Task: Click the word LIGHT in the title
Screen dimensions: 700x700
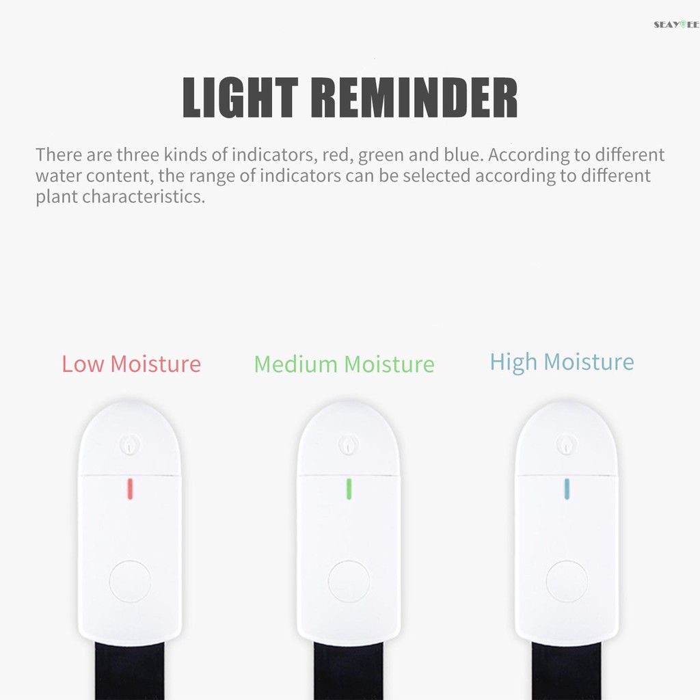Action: [x=240, y=97]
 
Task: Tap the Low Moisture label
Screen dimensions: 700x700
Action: [x=131, y=364]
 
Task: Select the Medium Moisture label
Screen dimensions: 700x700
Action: [x=345, y=364]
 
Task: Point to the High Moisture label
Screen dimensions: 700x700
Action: [x=562, y=362]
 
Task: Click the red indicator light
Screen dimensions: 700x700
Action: [x=130, y=489]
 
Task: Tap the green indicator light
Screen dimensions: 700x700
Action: [x=349, y=489]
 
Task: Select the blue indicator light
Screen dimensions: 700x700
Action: [x=567, y=489]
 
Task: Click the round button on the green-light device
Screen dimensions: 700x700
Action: [x=349, y=581]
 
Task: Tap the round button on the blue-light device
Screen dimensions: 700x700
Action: [x=567, y=581]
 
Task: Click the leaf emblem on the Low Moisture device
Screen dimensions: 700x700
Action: [x=130, y=444]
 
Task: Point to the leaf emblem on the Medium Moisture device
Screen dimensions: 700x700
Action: [x=349, y=444]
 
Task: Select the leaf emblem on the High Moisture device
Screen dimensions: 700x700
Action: [x=567, y=444]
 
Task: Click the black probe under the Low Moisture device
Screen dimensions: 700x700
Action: [x=130, y=671]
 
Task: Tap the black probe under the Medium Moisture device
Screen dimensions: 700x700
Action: [x=349, y=671]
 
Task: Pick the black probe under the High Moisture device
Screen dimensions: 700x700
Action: [x=567, y=671]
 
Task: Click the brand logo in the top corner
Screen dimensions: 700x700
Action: [x=677, y=25]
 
